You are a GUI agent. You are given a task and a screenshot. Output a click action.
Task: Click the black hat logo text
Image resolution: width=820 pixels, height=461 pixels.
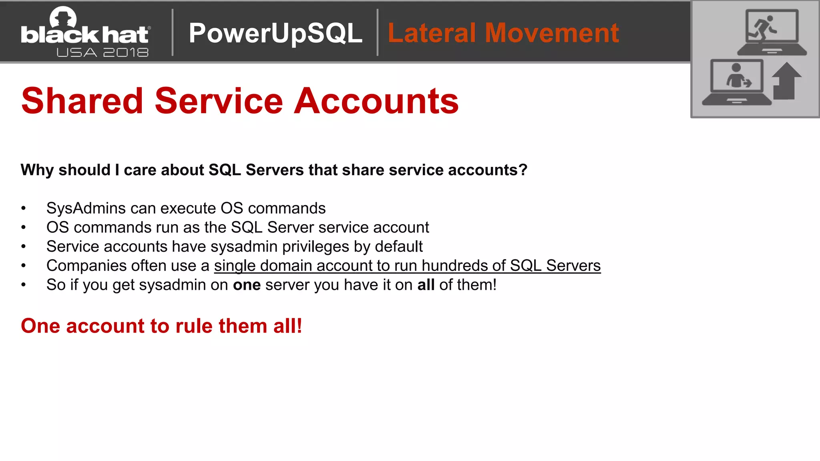(85, 35)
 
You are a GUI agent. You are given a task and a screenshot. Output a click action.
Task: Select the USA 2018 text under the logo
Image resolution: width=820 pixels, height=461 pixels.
(102, 52)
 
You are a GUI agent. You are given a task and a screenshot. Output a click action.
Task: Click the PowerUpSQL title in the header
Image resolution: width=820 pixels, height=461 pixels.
(275, 33)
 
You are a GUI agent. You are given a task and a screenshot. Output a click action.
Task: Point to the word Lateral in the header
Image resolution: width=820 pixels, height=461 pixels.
(432, 33)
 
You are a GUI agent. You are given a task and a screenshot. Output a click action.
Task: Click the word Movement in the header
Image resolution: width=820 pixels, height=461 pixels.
(552, 33)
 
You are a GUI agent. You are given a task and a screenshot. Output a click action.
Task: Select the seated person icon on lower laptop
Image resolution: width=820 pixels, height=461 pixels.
(737, 76)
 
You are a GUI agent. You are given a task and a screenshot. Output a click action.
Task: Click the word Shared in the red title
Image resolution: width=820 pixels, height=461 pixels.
(82, 101)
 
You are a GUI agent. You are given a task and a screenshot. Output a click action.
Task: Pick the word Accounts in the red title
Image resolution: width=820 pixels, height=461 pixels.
(376, 101)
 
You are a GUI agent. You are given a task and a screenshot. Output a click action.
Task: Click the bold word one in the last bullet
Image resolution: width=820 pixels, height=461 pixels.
(247, 285)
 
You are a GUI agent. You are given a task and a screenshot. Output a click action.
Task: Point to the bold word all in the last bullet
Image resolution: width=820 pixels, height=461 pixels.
(426, 285)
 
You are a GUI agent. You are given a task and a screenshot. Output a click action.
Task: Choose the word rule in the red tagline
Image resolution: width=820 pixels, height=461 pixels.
(193, 326)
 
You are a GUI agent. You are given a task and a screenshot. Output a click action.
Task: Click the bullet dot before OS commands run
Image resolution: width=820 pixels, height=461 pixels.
(24, 228)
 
